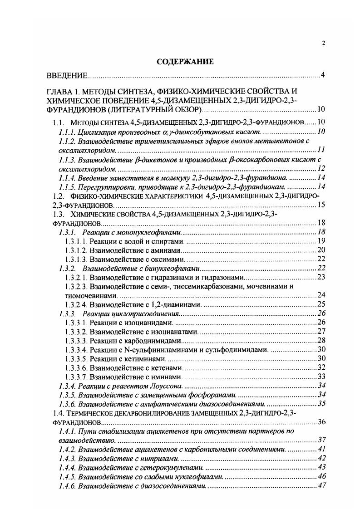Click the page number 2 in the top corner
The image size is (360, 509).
(x=323, y=43)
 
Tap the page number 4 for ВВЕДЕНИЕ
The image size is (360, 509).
(x=322, y=75)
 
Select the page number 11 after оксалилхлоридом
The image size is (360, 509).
(x=321, y=150)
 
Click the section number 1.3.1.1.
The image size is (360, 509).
(x=76, y=241)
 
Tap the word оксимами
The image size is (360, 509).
(x=167, y=259)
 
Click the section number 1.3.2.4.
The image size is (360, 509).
(x=76, y=304)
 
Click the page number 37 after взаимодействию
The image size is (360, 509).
(x=322, y=440)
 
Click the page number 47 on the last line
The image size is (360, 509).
(x=322, y=486)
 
